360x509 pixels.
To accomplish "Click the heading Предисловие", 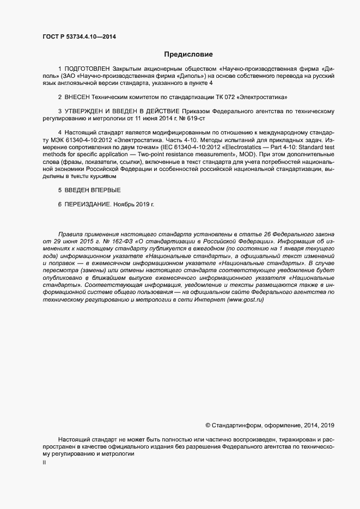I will coord(188,54).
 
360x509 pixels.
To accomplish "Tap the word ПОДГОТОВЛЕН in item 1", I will coord(88,70).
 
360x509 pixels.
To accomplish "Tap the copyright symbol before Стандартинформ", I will coord(208,425).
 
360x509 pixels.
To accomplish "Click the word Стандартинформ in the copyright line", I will coord(236,425).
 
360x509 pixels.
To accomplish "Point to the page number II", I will coord(45,463).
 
